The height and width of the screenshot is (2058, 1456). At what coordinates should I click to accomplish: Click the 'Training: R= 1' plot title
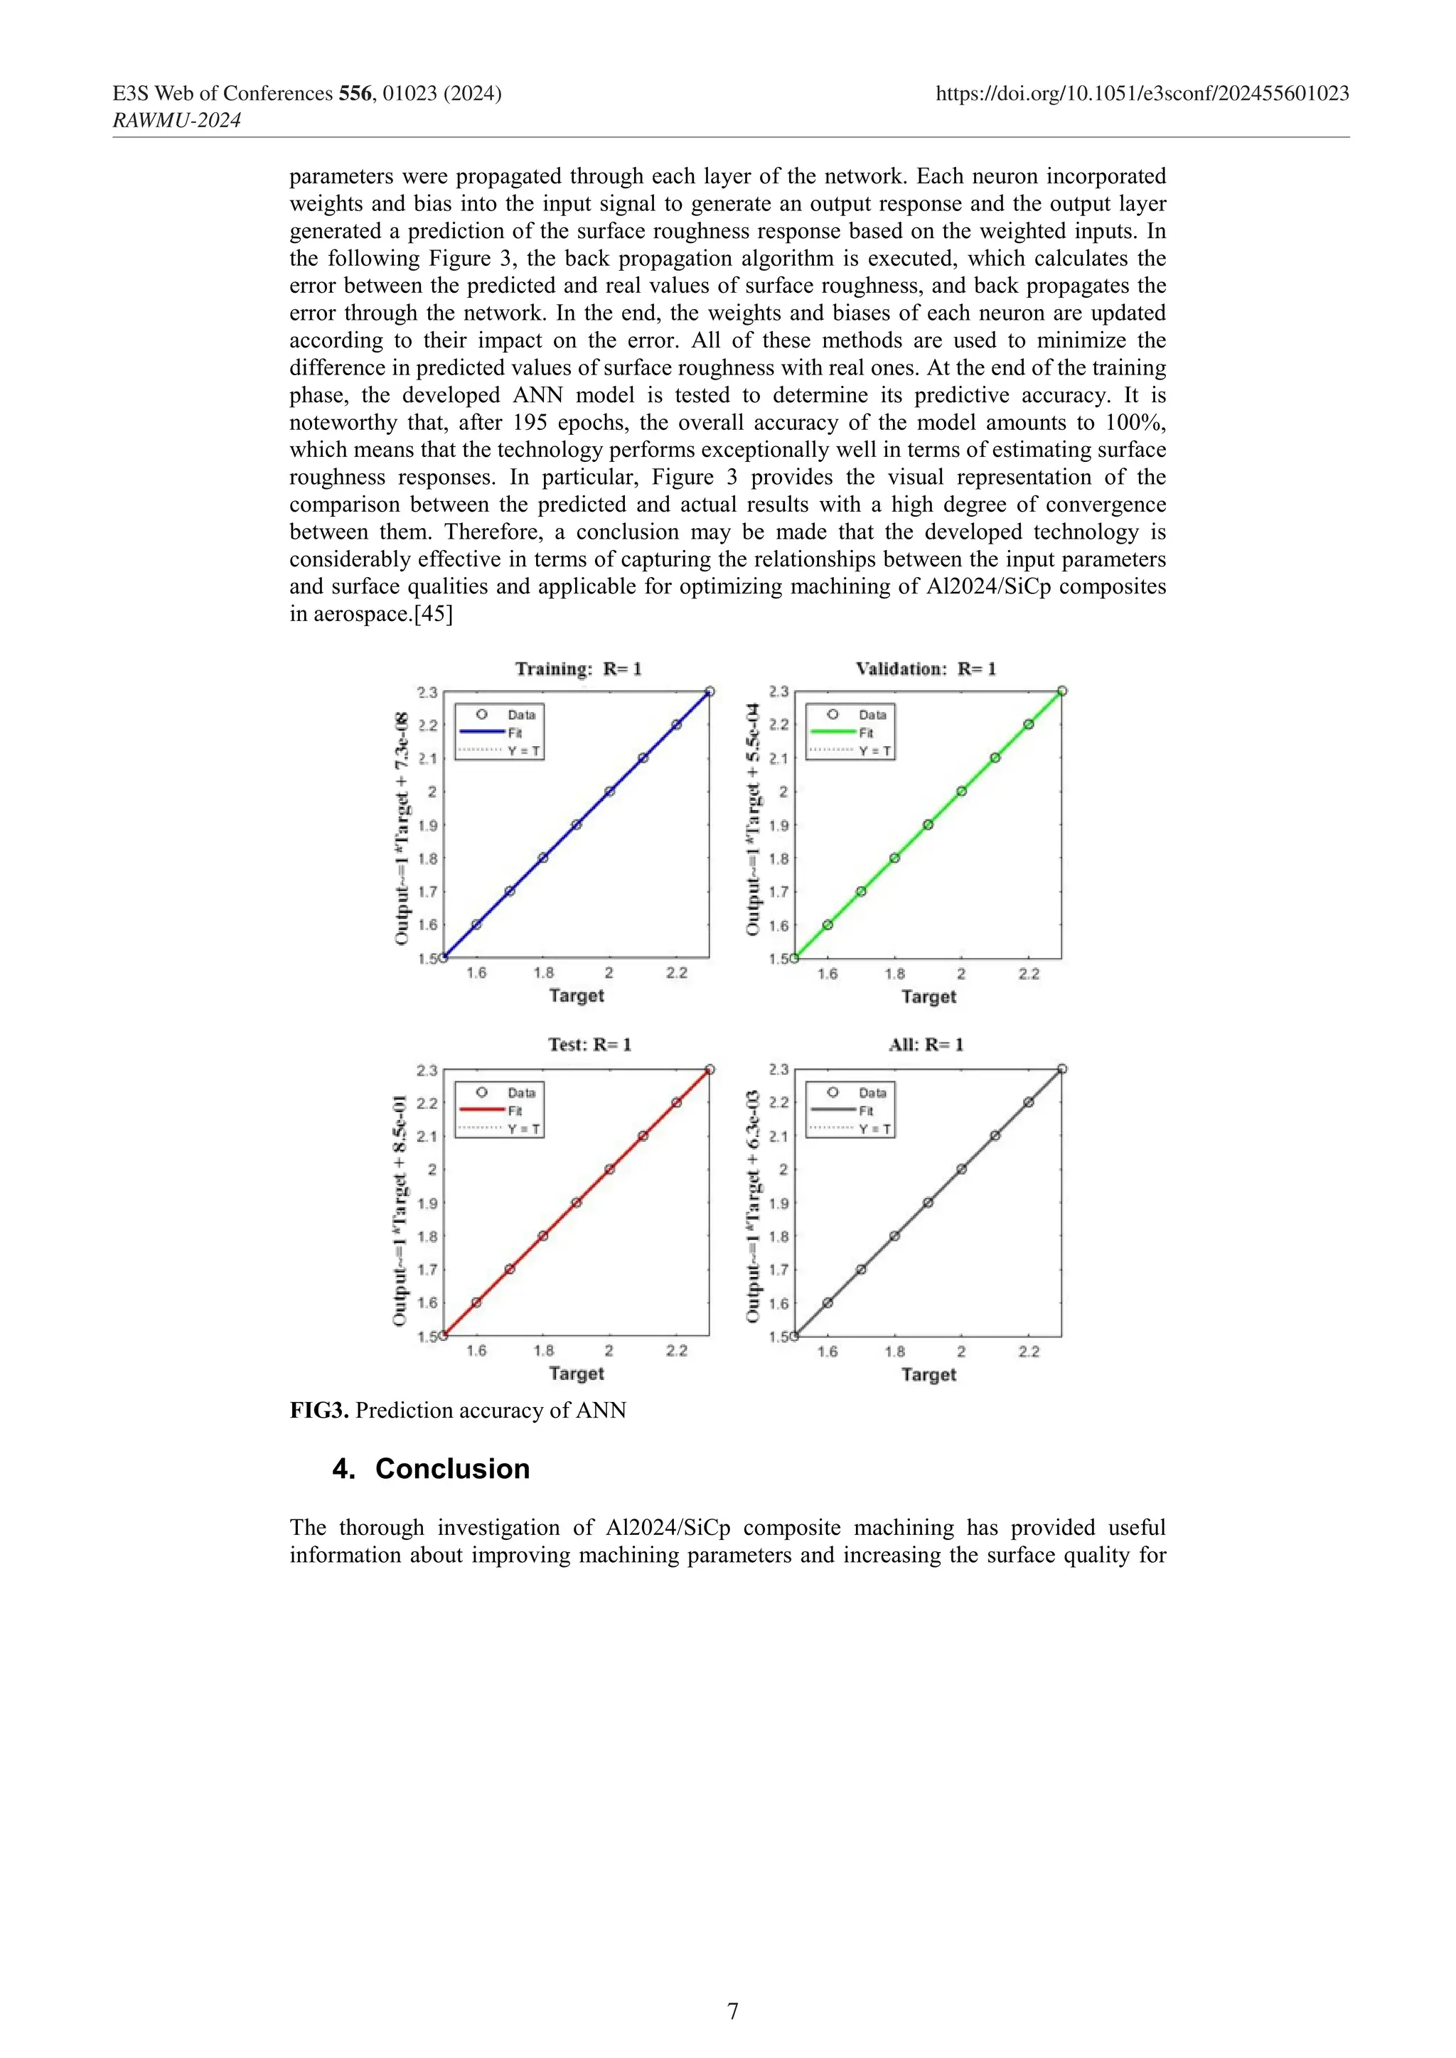click(x=578, y=669)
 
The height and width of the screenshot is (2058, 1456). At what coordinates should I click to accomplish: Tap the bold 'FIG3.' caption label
click(x=318, y=1411)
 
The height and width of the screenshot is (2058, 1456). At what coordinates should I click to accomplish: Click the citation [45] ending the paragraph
click(x=432, y=614)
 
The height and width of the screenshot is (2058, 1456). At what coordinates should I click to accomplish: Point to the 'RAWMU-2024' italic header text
click(x=176, y=120)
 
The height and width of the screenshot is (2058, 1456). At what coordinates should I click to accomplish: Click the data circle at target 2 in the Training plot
click(x=610, y=792)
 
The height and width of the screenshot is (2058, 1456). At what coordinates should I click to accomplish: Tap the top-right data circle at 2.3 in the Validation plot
click(x=1061, y=691)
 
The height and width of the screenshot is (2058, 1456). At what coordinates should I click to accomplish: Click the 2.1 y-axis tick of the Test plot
click(x=427, y=1136)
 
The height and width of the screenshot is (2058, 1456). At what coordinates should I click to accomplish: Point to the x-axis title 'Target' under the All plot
click(x=928, y=1374)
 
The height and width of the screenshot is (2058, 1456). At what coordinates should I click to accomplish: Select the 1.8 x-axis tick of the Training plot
click(x=543, y=974)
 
